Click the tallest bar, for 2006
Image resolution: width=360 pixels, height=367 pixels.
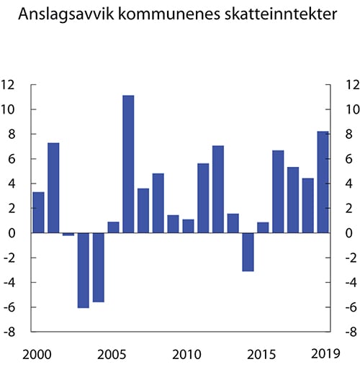point(128,164)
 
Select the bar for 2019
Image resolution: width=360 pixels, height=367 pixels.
point(323,182)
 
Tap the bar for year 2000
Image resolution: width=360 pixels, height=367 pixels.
point(38,212)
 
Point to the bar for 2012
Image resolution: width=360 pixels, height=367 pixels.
point(218,189)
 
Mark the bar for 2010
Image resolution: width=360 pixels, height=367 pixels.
point(188,226)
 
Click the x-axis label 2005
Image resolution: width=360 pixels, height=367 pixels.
point(112,354)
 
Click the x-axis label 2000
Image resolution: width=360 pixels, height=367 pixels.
point(37,354)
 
